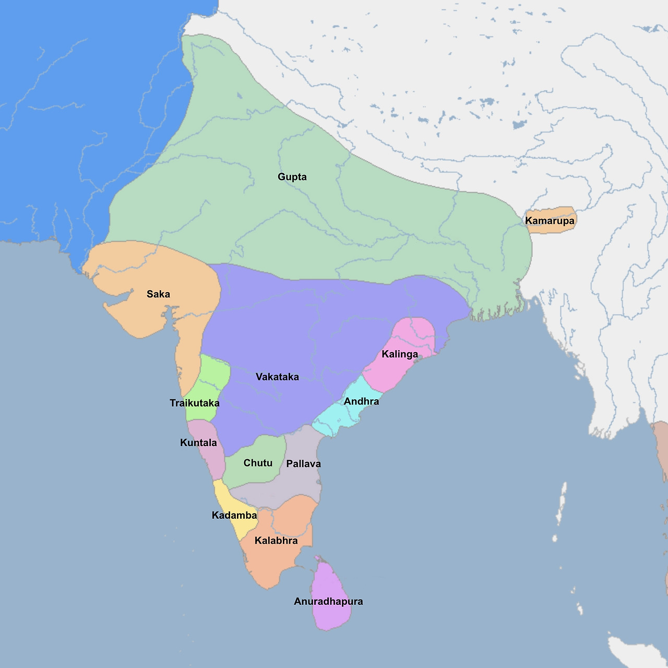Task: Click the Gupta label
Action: pos(292,177)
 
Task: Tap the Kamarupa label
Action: pos(550,221)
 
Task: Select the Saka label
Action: pos(158,294)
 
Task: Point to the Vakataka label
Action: pos(277,377)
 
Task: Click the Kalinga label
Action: pos(400,354)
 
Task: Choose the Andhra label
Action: pos(361,401)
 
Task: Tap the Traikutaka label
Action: pos(195,403)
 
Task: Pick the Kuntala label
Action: pos(198,443)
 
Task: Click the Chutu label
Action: pos(258,463)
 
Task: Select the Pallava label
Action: pos(303,464)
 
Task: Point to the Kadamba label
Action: pos(234,516)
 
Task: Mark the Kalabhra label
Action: pos(276,541)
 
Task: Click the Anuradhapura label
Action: pos(328,601)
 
